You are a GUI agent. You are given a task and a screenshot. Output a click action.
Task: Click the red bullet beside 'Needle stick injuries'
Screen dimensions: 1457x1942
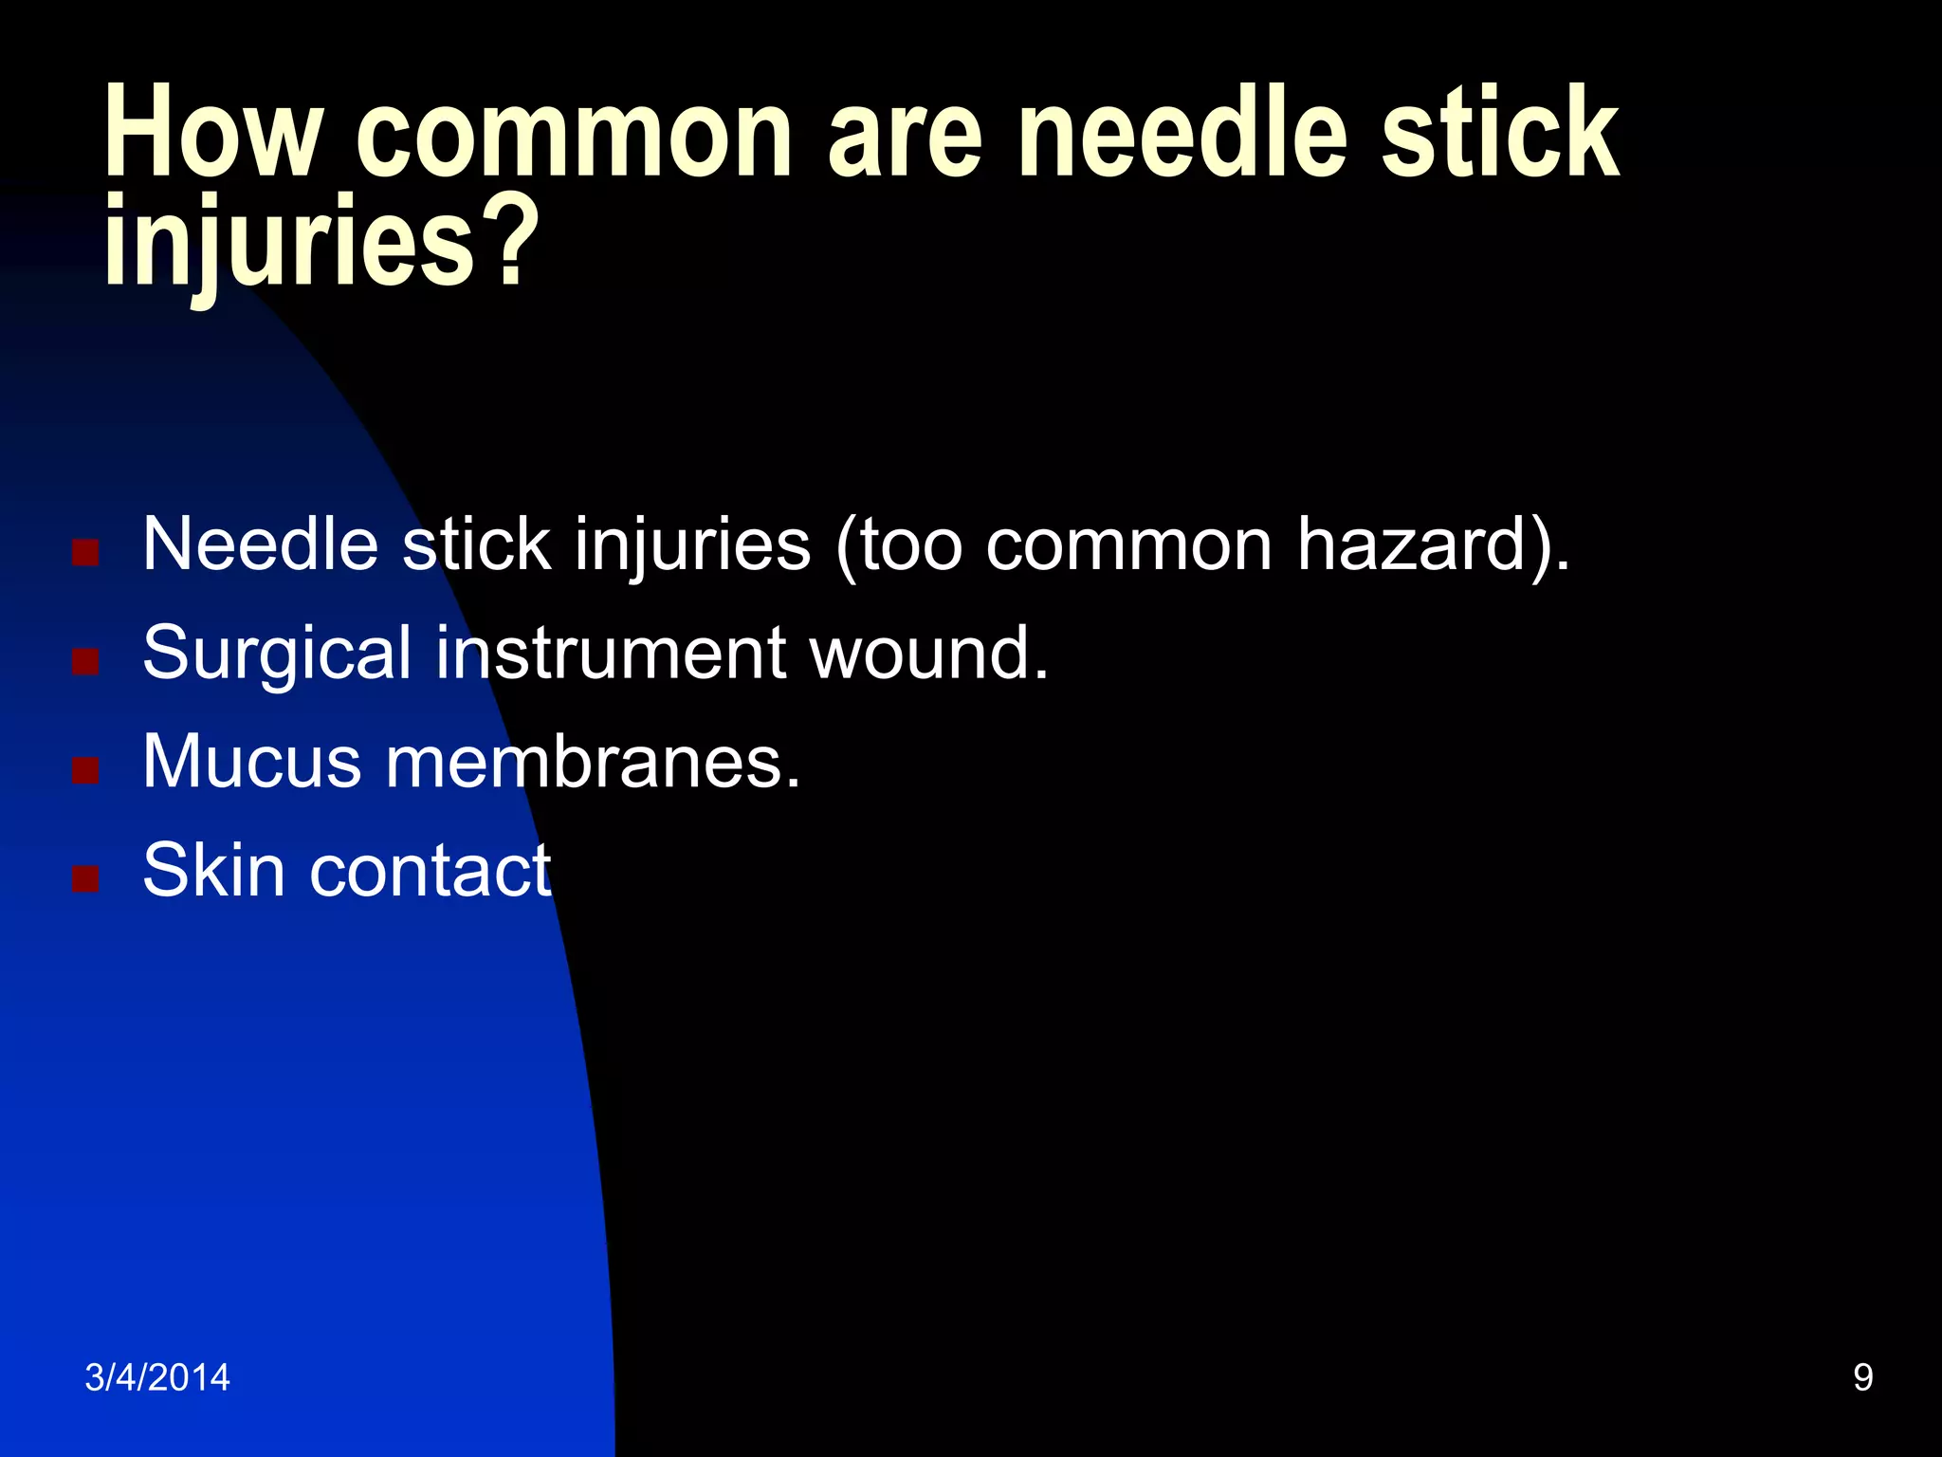(x=85, y=552)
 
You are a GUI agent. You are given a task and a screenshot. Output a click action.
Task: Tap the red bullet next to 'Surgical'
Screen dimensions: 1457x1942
(x=85, y=660)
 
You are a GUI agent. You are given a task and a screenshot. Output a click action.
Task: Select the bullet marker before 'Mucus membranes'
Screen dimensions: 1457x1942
(x=85, y=769)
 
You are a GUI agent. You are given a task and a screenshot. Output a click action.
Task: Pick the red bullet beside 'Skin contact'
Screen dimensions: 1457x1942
(x=85, y=878)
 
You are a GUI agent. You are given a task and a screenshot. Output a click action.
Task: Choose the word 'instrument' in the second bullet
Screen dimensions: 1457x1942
(x=611, y=655)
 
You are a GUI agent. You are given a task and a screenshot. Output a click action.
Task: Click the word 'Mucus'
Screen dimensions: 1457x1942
(x=252, y=763)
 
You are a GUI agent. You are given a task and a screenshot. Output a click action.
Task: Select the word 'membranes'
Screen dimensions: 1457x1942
(x=593, y=763)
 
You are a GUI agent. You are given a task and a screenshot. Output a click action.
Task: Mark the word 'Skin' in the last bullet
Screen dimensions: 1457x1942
(x=213, y=871)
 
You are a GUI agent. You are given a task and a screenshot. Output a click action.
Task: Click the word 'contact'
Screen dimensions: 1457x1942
(x=431, y=871)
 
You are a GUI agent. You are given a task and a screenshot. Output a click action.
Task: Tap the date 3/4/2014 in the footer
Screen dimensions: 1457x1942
(x=157, y=1377)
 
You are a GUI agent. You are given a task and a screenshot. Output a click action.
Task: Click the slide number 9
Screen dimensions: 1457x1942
(x=1862, y=1377)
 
